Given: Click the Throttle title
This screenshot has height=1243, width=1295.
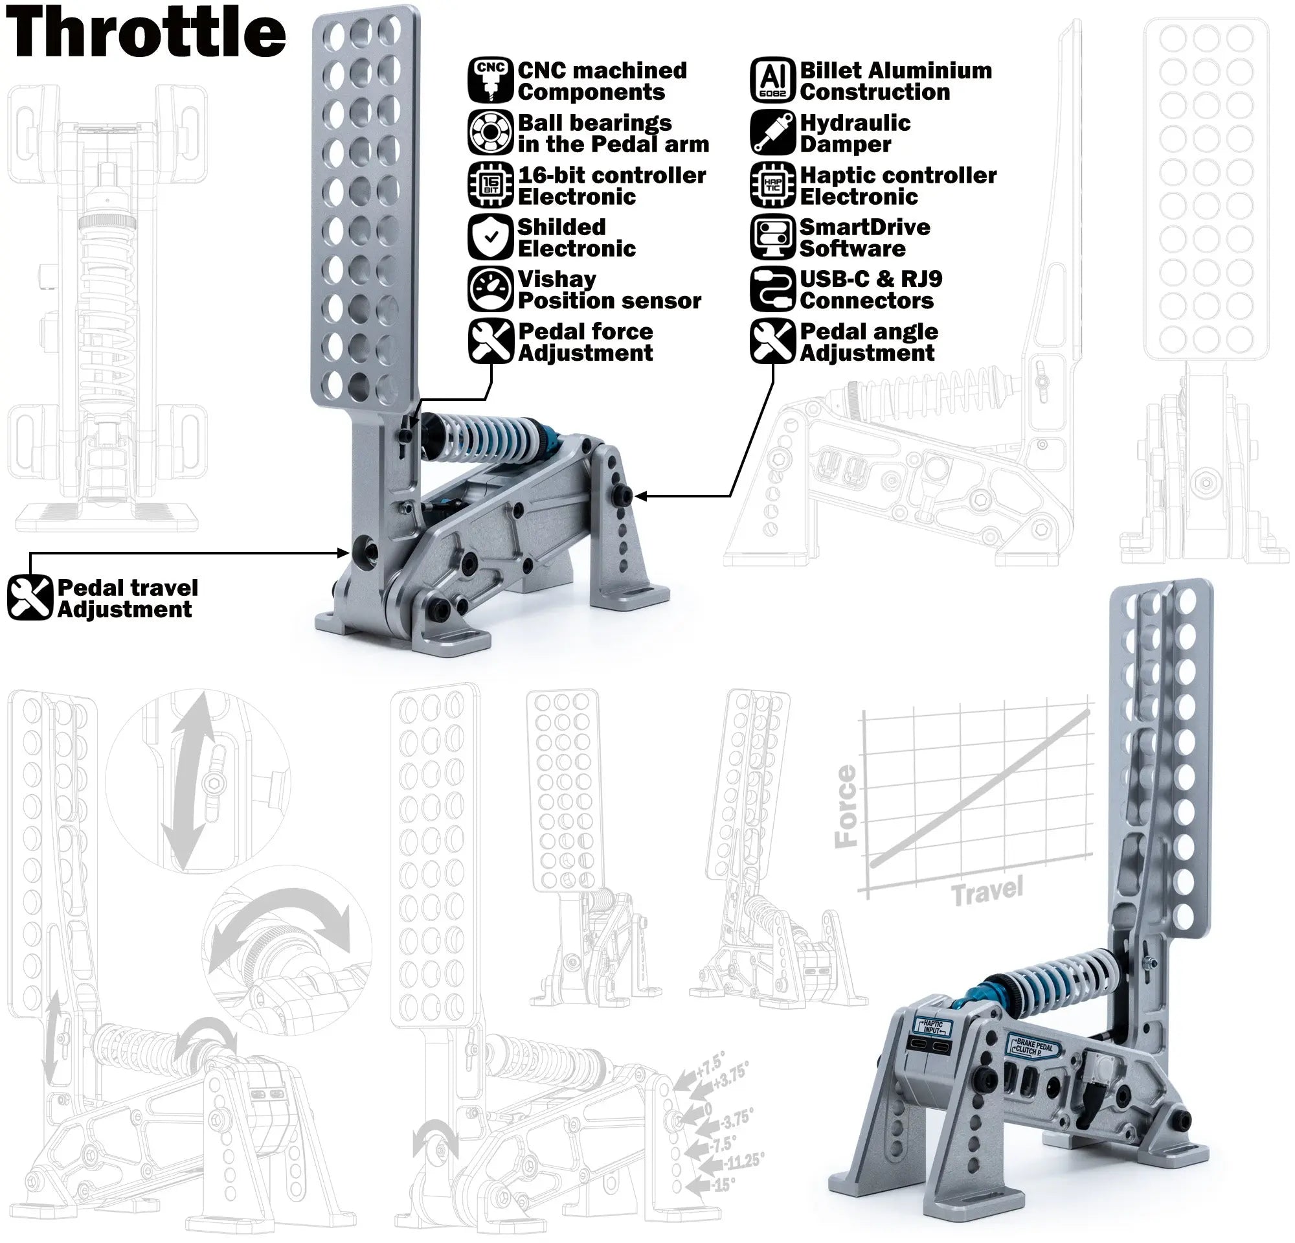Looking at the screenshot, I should [145, 32].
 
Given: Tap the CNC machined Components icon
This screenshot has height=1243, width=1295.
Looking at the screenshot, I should [490, 80].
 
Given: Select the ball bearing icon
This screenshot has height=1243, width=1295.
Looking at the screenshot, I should [490, 132].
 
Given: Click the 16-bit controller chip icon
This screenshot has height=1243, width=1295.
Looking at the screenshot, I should [490, 185].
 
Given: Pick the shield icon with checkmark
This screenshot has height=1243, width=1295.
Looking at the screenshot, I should [490, 236].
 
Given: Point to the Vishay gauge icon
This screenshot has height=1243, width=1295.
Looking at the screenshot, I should [490, 289].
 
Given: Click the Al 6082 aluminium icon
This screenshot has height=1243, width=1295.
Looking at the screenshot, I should [772, 80].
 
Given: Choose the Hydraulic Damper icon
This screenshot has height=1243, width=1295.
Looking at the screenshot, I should [772, 132].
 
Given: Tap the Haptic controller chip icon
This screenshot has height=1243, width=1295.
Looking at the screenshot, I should [772, 185].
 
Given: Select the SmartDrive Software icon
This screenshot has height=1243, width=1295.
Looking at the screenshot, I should [772, 236].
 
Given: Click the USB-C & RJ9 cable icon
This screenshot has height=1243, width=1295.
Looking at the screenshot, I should [772, 289].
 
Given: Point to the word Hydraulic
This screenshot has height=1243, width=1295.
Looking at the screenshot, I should [855, 123].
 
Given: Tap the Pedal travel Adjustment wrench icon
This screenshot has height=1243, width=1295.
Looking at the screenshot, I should [30, 597].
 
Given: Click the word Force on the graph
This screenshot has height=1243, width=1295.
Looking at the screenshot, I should [846, 806].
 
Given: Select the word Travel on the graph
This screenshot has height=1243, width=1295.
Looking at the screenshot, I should [987, 891].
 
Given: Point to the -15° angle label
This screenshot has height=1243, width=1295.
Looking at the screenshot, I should [723, 1184].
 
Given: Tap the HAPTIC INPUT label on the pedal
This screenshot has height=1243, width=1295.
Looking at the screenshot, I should [932, 1027].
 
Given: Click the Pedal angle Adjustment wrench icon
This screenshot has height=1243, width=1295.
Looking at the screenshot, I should [772, 341].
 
